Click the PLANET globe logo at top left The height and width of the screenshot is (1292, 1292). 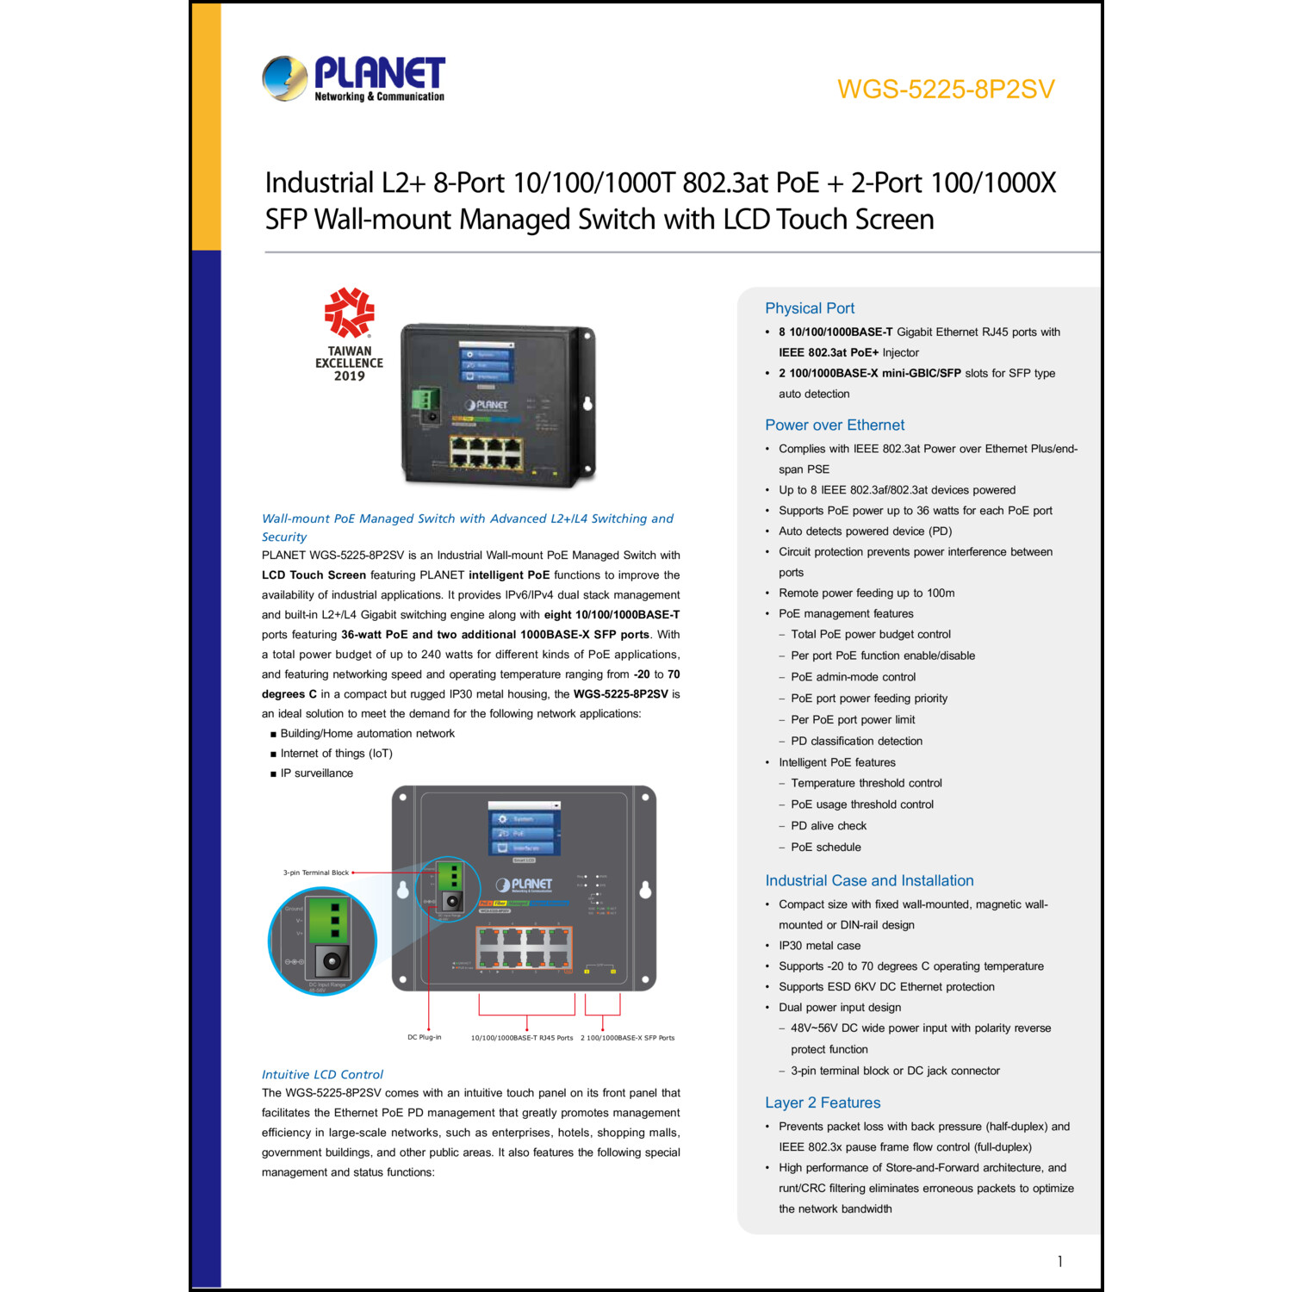click(285, 78)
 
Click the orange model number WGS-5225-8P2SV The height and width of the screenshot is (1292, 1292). click(945, 90)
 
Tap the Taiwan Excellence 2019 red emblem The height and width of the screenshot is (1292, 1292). click(349, 313)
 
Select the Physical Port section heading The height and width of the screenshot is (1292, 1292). click(809, 308)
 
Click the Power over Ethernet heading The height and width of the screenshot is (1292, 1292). click(834, 425)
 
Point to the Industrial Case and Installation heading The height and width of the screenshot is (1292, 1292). click(868, 880)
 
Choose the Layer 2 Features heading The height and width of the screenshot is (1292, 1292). click(822, 1103)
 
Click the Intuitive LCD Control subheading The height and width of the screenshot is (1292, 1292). click(322, 1074)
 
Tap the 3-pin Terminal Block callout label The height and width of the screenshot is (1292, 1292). click(315, 873)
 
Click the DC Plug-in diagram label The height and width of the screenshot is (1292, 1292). click(424, 1037)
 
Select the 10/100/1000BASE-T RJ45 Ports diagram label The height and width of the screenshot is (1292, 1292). click(521, 1038)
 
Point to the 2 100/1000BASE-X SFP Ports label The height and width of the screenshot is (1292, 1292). click(627, 1038)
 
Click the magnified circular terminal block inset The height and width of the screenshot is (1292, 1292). click(322, 941)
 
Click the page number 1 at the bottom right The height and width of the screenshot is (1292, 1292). click(1059, 1261)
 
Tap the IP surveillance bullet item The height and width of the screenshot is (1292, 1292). click(316, 773)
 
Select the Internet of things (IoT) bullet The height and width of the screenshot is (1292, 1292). click(336, 754)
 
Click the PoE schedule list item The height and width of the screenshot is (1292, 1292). click(825, 848)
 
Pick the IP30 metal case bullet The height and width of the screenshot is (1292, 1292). click(819, 946)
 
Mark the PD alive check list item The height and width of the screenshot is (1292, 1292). click(828, 826)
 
